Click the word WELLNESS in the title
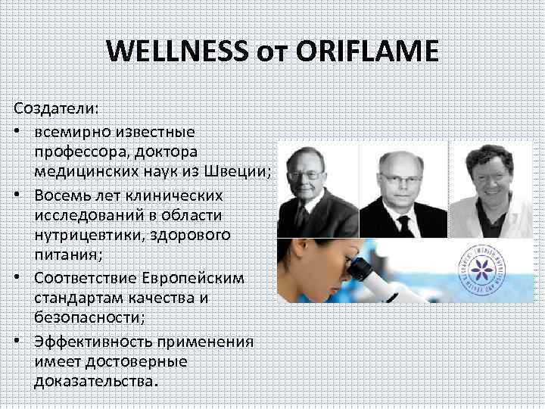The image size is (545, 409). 176,52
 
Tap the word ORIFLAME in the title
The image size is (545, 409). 369,52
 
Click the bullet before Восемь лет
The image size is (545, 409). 17,195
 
